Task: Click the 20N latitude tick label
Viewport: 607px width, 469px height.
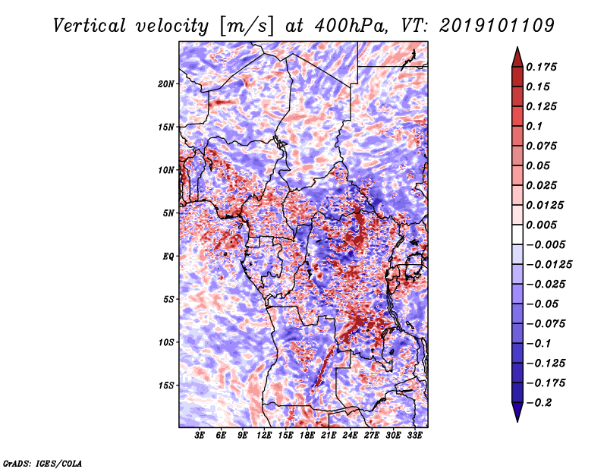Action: pyautogui.click(x=165, y=84)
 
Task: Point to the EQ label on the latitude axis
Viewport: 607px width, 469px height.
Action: pyautogui.click(x=168, y=257)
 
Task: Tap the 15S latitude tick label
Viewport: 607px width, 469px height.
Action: pyautogui.click(x=165, y=386)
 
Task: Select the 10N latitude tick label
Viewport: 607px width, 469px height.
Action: pyautogui.click(x=165, y=170)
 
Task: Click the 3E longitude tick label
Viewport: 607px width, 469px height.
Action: pyautogui.click(x=200, y=436)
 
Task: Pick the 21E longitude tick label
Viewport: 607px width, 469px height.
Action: pyautogui.click(x=329, y=436)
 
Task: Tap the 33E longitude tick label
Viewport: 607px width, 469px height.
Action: pyautogui.click(x=414, y=436)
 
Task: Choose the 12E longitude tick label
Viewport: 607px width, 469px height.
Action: pyautogui.click(x=264, y=436)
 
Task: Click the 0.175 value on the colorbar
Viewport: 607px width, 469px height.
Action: pyautogui.click(x=541, y=67)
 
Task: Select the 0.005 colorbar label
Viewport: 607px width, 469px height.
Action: pyautogui.click(x=541, y=225)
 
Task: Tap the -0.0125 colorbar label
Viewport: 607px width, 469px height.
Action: pyautogui.click(x=549, y=265)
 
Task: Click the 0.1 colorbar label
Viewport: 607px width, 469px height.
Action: pyautogui.click(x=534, y=126)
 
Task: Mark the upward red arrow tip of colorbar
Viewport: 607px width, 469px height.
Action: pyautogui.click(x=517, y=47)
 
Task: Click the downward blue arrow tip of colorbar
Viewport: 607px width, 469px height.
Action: pyautogui.click(x=517, y=421)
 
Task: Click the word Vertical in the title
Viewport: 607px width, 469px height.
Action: pyautogui.click(x=90, y=26)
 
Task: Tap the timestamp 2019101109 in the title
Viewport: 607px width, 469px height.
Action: pyautogui.click(x=497, y=26)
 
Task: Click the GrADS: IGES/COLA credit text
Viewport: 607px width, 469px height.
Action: pyautogui.click(x=42, y=463)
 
